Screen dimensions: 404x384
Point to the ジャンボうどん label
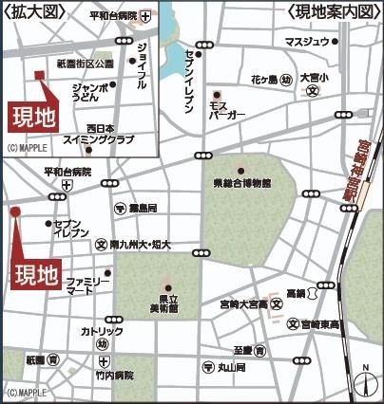tap(90, 92)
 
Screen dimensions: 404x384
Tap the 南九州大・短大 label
tap(140, 244)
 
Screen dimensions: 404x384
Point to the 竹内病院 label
tap(113, 375)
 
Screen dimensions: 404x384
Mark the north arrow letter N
tap(365, 368)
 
